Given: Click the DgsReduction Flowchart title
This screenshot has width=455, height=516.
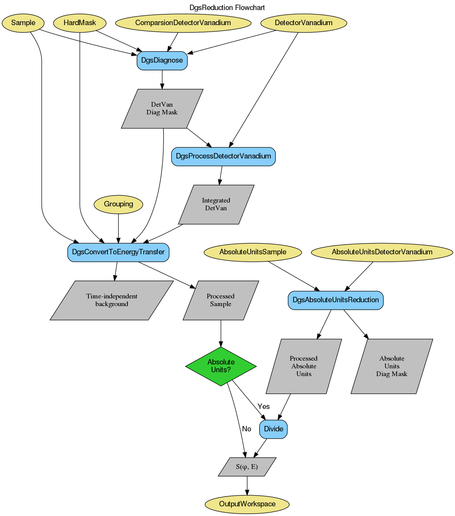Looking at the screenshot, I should tap(227, 8).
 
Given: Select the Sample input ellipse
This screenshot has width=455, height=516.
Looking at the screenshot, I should tap(23, 23).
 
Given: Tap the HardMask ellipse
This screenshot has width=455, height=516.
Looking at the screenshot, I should tap(80, 23).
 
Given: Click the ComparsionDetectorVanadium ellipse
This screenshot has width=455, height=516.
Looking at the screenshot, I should tap(183, 23).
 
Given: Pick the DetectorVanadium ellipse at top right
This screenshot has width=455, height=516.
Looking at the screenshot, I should tap(304, 23).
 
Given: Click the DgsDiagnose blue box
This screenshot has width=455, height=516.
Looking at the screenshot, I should tap(162, 60).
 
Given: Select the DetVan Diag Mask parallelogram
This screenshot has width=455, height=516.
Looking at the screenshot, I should tap(162, 109).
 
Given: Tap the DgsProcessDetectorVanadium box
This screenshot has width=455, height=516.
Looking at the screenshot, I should tap(223, 156).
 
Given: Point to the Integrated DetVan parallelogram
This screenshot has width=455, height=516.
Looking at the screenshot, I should tap(216, 204).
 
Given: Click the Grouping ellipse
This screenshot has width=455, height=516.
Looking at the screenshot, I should tap(118, 204).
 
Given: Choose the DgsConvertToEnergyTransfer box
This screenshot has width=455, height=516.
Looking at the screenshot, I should tap(118, 252).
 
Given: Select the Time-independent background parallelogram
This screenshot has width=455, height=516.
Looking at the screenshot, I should tap(112, 300).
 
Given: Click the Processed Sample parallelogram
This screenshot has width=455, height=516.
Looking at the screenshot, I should tap(221, 300).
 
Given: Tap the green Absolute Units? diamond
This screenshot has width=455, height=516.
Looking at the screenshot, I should tap(221, 366).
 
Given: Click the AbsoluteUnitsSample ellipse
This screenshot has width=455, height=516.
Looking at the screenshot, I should tap(253, 252).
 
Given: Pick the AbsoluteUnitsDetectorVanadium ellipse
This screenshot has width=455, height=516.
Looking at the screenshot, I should tap(382, 252).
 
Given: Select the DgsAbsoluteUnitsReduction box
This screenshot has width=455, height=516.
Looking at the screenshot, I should tap(335, 300).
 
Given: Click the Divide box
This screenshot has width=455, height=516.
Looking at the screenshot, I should tap(273, 429).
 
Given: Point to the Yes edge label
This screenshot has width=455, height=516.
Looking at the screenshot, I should tap(263, 407).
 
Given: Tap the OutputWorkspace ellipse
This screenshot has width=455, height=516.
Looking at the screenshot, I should tap(247, 504).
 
